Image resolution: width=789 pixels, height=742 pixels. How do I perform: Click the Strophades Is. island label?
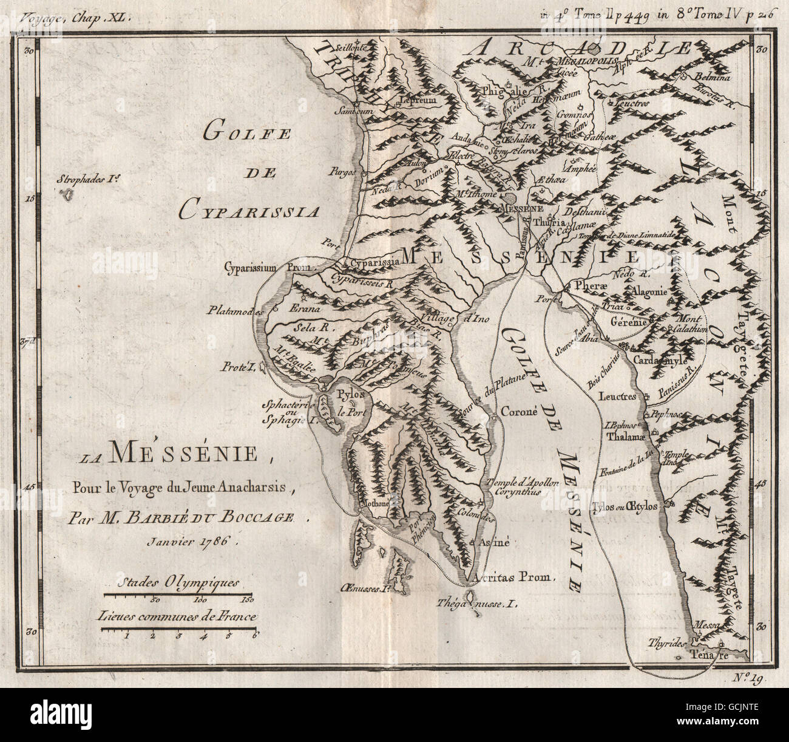coord(91,180)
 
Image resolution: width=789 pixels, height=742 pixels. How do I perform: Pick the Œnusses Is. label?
coord(364,588)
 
